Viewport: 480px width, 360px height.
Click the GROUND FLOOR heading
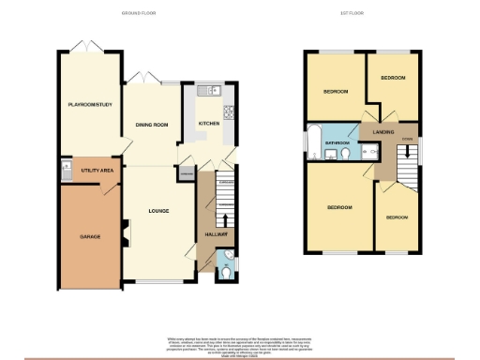coord(140,14)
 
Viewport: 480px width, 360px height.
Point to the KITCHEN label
coord(207,123)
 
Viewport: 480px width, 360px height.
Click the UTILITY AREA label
coord(97,171)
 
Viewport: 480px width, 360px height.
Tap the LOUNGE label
coord(157,211)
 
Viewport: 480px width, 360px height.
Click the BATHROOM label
coord(337,143)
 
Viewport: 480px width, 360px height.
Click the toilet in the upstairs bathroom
coord(346,154)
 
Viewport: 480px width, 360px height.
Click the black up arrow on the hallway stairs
coord(223,220)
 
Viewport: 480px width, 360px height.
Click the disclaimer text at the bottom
coord(239,344)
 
